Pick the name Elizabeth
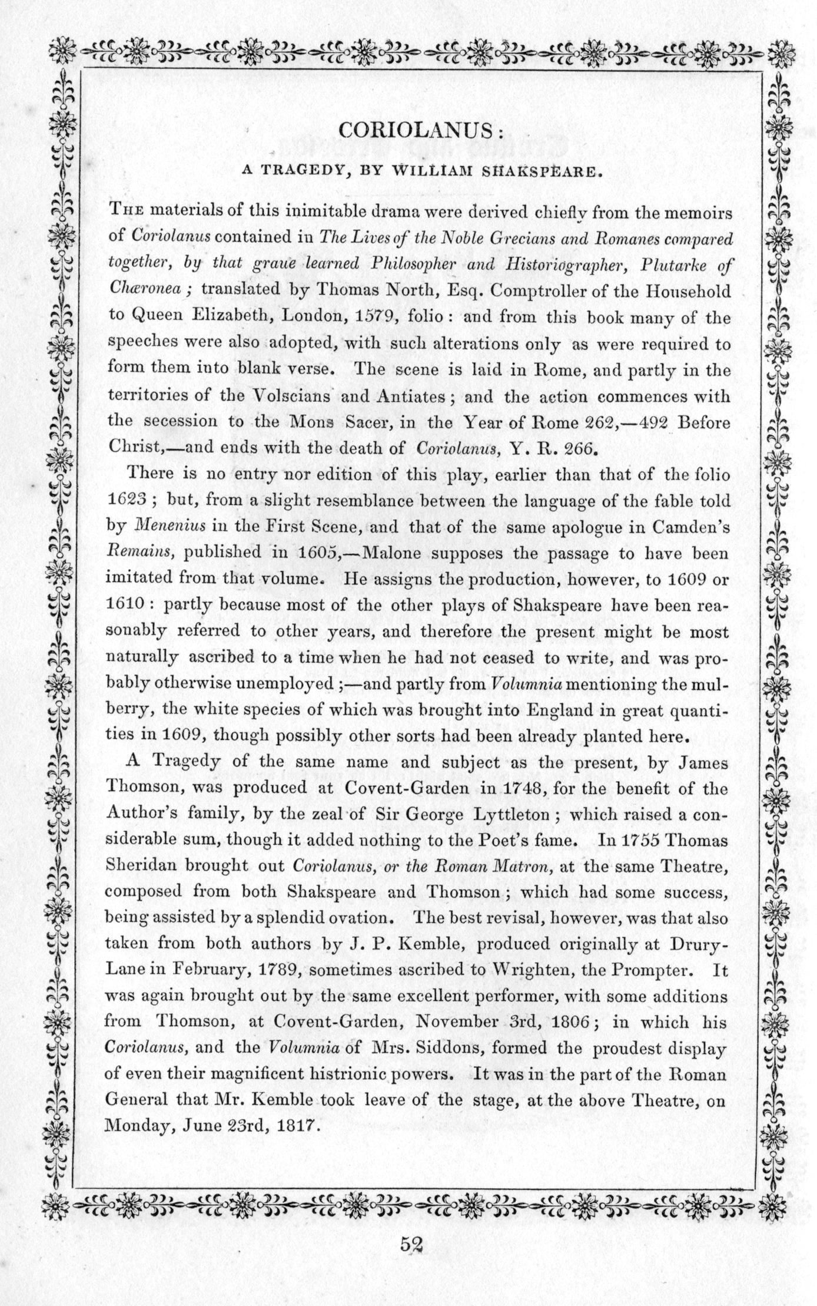click(x=233, y=316)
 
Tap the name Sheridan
click(x=140, y=866)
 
